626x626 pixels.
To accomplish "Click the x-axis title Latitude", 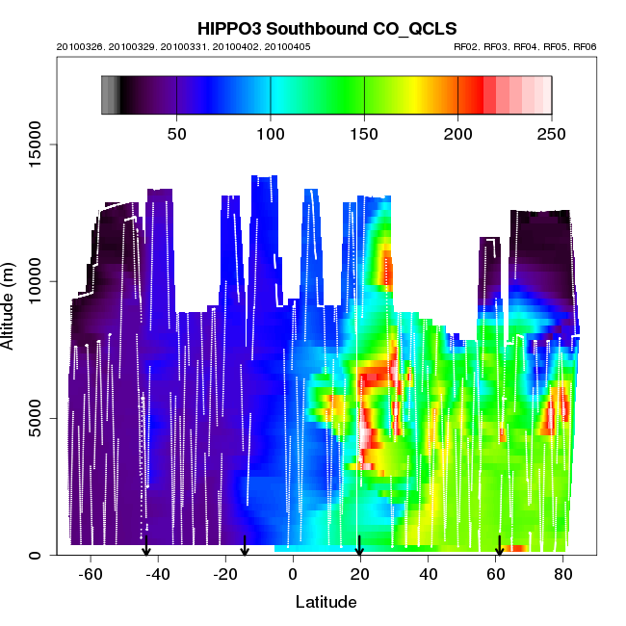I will click(326, 602).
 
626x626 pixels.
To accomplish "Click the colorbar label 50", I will click(177, 134).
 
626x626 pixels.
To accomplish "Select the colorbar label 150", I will click(364, 134).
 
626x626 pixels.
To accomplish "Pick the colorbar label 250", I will click(550, 134).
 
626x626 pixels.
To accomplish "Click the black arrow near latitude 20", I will click(359, 546).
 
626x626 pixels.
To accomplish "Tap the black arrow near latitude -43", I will click(146, 546).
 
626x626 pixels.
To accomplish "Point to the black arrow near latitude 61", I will click(499, 546).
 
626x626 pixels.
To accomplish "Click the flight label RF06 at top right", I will click(586, 46).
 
